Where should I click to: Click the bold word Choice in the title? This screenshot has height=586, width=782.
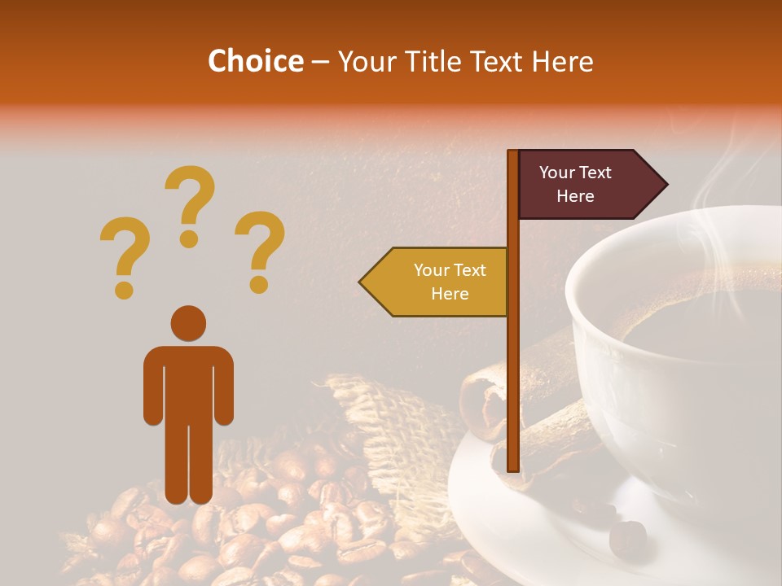(x=255, y=61)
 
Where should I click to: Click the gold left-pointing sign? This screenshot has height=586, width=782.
(x=436, y=282)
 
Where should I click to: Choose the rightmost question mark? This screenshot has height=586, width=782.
(x=260, y=251)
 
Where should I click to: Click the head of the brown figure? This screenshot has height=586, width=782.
(x=188, y=323)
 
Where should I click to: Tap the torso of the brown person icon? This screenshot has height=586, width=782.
(x=188, y=383)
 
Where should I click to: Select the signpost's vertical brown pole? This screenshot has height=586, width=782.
(x=513, y=366)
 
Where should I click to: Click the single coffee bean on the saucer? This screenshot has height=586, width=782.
(x=628, y=537)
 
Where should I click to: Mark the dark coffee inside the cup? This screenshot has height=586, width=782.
(x=701, y=326)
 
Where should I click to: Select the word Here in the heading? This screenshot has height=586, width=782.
(x=563, y=61)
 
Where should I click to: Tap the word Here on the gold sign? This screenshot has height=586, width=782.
(x=450, y=294)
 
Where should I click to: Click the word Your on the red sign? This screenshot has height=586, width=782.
(x=557, y=173)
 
